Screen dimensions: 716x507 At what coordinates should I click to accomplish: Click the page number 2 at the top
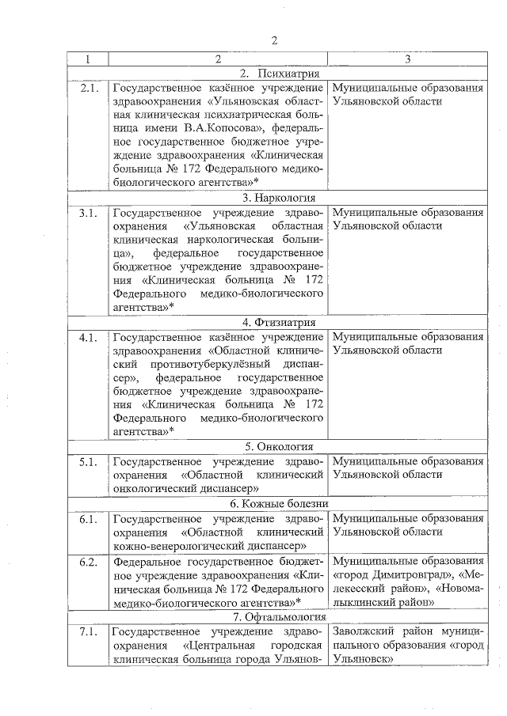[x=274, y=41]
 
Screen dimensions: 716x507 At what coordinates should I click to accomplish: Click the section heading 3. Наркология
[x=279, y=198]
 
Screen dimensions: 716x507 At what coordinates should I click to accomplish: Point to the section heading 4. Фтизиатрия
[x=279, y=322]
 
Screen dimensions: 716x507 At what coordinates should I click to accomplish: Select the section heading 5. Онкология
[x=279, y=446]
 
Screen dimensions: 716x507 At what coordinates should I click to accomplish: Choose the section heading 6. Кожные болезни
[x=279, y=503]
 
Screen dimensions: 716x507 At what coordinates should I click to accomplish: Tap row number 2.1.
[x=88, y=88]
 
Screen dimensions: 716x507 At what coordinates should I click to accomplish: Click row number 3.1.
[x=88, y=213]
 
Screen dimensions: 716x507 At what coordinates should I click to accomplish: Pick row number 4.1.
[x=88, y=337]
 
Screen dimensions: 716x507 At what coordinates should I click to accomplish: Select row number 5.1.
[x=88, y=461]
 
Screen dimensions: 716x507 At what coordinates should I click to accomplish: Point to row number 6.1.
[x=88, y=518]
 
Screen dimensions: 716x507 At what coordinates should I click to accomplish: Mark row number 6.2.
[x=88, y=561]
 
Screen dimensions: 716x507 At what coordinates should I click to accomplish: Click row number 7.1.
[x=88, y=632]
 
